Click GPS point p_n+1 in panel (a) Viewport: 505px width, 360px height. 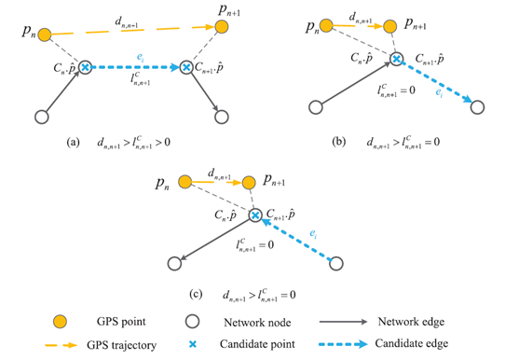coord(222,27)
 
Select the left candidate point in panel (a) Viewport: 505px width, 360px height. coord(86,68)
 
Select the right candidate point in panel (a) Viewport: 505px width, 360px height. coord(186,68)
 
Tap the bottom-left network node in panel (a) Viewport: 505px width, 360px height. coord(41,118)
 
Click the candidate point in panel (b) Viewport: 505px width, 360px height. coord(397,59)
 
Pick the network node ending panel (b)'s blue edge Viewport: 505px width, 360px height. coord(476,106)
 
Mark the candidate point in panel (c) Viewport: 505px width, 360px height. coord(254,215)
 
